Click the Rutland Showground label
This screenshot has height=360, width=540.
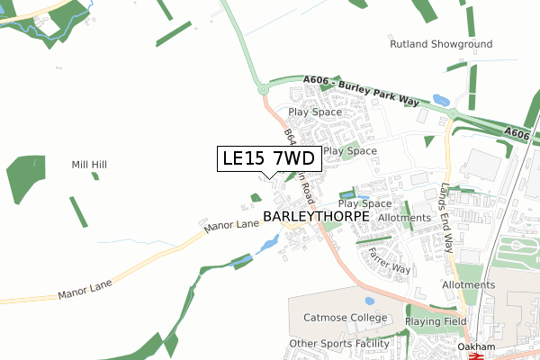440,44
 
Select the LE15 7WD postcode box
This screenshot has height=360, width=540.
267,159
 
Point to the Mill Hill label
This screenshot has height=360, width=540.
89,166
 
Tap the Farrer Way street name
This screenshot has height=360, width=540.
389,256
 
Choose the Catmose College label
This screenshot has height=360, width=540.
344,318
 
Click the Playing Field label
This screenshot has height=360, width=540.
436,321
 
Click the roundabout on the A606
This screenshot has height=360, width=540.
263,88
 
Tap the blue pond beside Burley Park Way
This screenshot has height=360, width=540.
441,100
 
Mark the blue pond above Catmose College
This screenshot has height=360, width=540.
369,301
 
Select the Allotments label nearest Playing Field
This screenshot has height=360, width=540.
468,285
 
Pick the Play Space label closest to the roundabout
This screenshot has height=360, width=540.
314,112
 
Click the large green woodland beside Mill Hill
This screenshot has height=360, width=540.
24,178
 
